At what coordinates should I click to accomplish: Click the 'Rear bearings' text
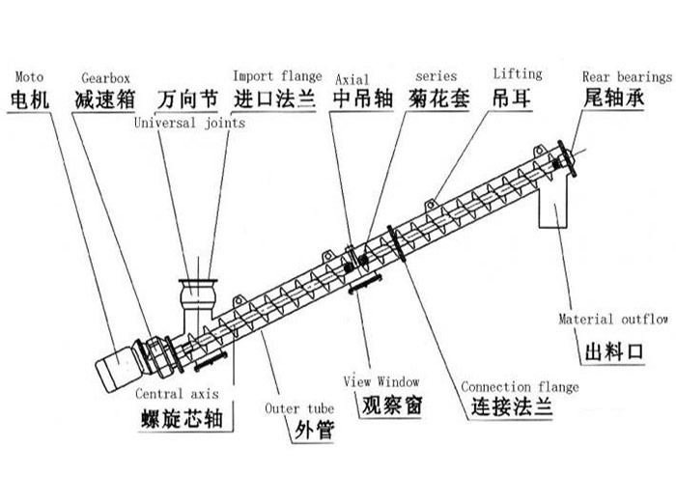[x=627, y=76]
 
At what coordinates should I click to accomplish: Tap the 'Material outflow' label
[x=614, y=319]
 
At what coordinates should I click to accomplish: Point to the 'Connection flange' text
[x=520, y=387]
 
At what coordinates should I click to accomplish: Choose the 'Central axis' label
[x=177, y=394]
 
